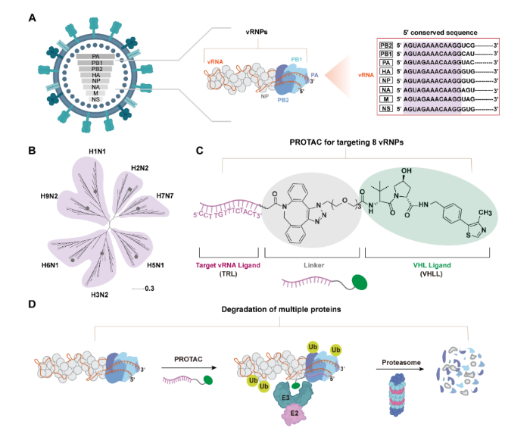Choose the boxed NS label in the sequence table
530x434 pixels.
[386, 109]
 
